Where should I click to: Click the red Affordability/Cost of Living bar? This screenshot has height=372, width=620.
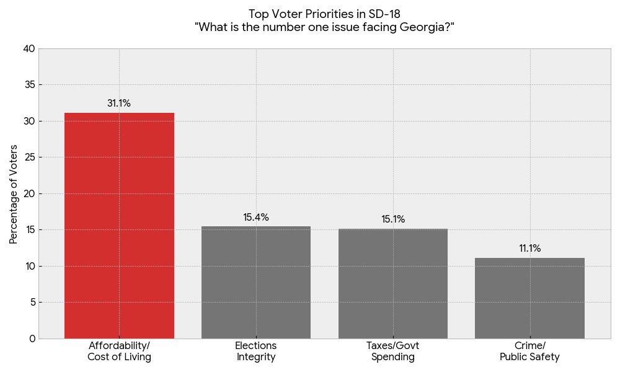[x=119, y=226]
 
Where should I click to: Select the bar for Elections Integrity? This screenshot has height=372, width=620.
[x=256, y=283]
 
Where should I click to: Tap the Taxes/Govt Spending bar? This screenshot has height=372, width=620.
[x=393, y=283]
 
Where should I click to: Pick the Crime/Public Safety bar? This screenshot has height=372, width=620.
[x=529, y=298]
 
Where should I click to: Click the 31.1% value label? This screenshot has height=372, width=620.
[x=119, y=104]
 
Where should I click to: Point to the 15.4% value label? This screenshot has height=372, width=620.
[x=256, y=218]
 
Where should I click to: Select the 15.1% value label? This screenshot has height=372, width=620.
[x=393, y=219]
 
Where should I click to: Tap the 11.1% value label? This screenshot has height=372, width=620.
[x=529, y=249]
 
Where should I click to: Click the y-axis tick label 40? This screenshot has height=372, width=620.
[x=29, y=48]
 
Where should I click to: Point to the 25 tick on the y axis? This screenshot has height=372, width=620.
[x=29, y=157]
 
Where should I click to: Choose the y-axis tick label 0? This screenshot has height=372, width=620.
[x=32, y=339]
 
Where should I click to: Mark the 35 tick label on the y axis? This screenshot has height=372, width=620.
[x=29, y=85]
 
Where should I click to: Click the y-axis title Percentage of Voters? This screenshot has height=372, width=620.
[x=14, y=194]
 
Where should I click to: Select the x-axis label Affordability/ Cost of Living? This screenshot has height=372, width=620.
[x=119, y=352]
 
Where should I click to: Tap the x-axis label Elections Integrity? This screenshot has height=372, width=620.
[x=256, y=352]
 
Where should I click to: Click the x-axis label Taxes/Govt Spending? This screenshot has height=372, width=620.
[x=393, y=352]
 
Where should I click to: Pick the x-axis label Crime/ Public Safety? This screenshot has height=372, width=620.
[x=529, y=352]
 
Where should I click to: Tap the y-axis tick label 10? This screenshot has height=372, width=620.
[x=29, y=266]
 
